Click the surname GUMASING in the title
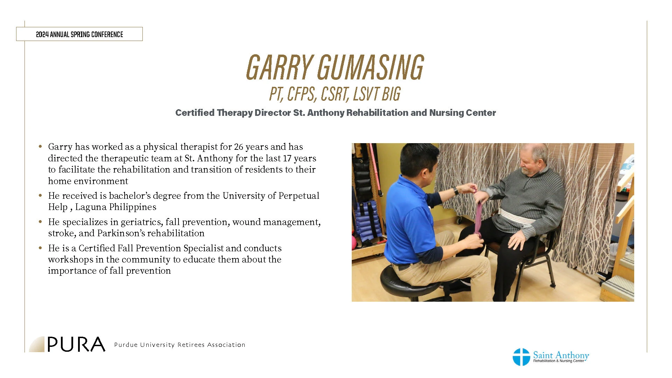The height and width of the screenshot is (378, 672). click(371, 67)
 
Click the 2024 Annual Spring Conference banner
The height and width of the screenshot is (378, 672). click(79, 34)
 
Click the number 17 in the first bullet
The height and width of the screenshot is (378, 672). click(287, 158)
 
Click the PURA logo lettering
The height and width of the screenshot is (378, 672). click(76, 344)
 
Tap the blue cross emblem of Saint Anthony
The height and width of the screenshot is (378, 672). click(521, 357)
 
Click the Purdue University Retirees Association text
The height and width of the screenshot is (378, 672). click(180, 345)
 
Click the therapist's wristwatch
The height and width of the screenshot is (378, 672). click(456, 191)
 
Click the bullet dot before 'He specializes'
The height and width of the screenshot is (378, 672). click(41, 222)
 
